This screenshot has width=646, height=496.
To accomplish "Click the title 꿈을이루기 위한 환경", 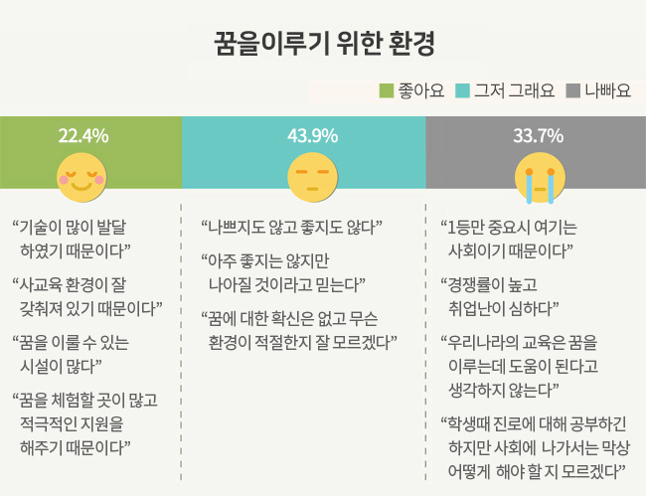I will [322, 44].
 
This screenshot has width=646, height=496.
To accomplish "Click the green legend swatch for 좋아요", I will [388, 91].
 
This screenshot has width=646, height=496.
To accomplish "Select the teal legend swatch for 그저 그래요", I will [462, 91].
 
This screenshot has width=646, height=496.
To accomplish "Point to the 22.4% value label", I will [83, 135].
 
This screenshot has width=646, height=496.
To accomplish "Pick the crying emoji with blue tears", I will [535, 173].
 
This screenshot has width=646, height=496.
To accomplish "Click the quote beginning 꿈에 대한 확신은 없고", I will [298, 329].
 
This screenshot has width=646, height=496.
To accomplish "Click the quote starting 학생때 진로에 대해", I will [537, 444].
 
